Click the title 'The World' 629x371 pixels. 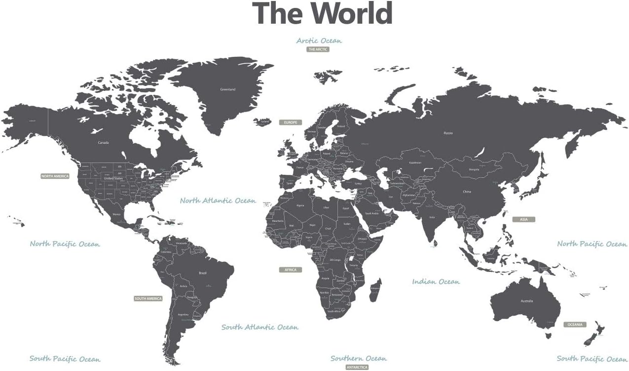[322, 13]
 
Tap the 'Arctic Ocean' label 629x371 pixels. [319, 41]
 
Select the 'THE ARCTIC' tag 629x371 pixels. [318, 49]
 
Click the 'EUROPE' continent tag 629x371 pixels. [290, 122]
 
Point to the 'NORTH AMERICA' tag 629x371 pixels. [55, 176]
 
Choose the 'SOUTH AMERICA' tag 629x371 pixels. [148, 298]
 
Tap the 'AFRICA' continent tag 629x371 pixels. [290, 270]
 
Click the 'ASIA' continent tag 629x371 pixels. [523, 219]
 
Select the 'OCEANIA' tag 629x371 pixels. [575, 325]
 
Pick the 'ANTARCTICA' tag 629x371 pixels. [357, 368]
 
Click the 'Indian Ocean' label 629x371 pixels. [436, 282]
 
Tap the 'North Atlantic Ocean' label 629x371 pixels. [218, 201]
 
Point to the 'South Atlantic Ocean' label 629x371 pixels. [259, 327]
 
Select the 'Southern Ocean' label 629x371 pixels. [359, 358]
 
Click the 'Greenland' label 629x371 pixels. [227, 89]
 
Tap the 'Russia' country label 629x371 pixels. [448, 133]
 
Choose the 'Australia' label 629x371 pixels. [527, 301]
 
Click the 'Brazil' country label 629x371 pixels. [202, 273]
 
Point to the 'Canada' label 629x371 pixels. [103, 143]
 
